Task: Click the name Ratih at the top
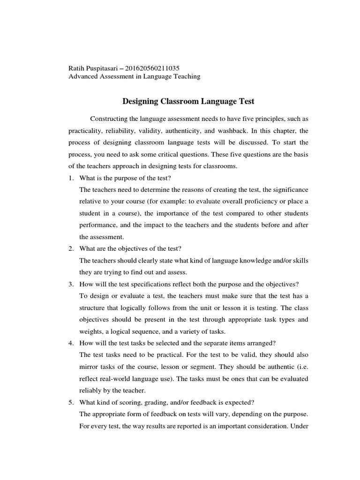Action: [x=77, y=68]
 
